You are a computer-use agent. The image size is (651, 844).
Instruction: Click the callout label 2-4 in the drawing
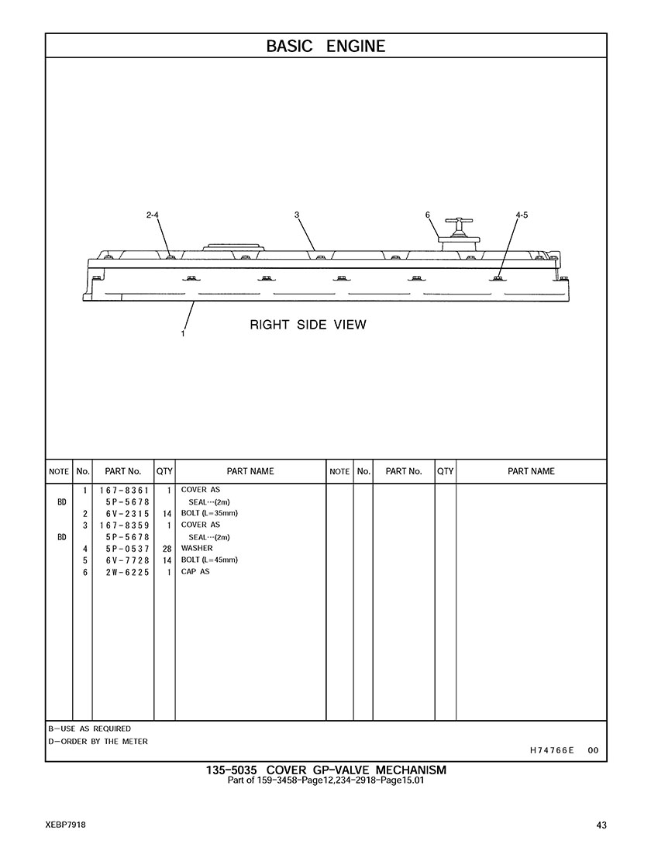[x=153, y=215]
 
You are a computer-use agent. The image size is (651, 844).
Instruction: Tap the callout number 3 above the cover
[x=297, y=215]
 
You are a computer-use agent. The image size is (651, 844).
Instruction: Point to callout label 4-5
[x=522, y=215]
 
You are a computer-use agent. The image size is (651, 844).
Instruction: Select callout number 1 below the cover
[x=183, y=334]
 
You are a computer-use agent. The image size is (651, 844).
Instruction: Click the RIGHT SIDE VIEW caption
[x=308, y=325]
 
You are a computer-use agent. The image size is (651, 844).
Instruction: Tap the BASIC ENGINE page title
[x=325, y=47]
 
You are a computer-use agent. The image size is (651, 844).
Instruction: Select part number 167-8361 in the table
[x=124, y=491]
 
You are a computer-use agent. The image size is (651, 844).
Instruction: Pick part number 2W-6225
[x=128, y=572]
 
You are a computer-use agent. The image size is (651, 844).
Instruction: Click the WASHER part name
[x=197, y=548]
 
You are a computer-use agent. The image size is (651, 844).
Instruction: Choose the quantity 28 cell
[x=167, y=549]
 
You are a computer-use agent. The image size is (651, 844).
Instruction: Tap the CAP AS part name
[x=195, y=572]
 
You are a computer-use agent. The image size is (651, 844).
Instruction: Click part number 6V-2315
[x=128, y=514]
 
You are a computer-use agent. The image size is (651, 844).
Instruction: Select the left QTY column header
[x=164, y=471]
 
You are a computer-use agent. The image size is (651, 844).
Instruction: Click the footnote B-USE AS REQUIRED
[x=89, y=729]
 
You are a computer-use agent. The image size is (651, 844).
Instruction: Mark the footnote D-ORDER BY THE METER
[x=98, y=741]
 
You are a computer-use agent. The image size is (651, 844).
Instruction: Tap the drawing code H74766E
[x=552, y=750]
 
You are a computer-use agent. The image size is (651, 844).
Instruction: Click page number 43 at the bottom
[x=601, y=825]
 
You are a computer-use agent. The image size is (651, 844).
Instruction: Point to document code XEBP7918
[x=66, y=825]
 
